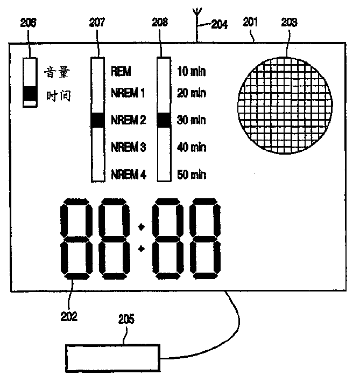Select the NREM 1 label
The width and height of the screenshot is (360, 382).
pos(128,93)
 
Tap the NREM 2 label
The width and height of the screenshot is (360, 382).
pos(128,120)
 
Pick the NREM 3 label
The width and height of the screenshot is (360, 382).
pos(128,147)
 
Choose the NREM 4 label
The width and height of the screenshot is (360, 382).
pos(128,174)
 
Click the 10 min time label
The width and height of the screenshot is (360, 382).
pos(191,71)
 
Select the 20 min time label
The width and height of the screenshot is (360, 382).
pos(191,93)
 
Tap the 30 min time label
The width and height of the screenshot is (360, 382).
pos(191,120)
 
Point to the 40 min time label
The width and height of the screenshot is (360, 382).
pos(191,147)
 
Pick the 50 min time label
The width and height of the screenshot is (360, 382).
pos(191,174)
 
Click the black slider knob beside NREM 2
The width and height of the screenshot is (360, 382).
pos(97,120)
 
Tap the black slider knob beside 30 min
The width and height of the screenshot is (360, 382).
pos(164,120)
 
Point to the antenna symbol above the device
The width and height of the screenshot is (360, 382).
pos(197,22)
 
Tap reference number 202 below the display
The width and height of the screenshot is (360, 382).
pos(69,316)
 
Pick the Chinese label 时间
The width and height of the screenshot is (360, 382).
pos(58,96)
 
